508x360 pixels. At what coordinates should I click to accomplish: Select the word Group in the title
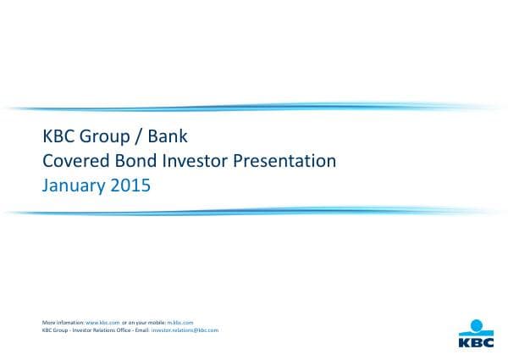click(x=107, y=136)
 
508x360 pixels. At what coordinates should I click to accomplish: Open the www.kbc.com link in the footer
click(x=102, y=323)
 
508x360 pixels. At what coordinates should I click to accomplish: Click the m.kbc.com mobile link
click(x=180, y=323)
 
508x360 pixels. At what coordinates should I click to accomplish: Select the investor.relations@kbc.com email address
click(x=185, y=330)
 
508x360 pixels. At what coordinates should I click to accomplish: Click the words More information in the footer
click(x=63, y=323)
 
